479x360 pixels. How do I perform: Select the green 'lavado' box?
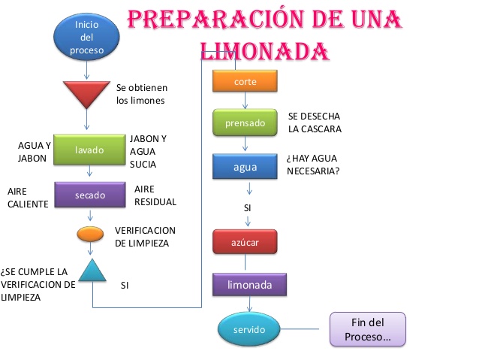(89, 150)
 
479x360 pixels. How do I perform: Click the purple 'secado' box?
(89, 195)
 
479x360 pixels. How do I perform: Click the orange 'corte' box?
(245, 80)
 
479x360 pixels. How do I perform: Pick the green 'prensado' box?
(245, 123)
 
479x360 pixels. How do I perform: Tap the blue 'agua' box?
(245, 166)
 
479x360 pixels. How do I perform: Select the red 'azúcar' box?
(245, 242)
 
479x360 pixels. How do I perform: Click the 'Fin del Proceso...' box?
(367, 329)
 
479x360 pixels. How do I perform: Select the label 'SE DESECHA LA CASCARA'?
(315, 123)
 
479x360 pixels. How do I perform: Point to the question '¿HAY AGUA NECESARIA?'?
(312, 165)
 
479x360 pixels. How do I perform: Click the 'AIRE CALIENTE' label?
(28, 197)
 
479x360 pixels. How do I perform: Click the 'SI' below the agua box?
(247, 207)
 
